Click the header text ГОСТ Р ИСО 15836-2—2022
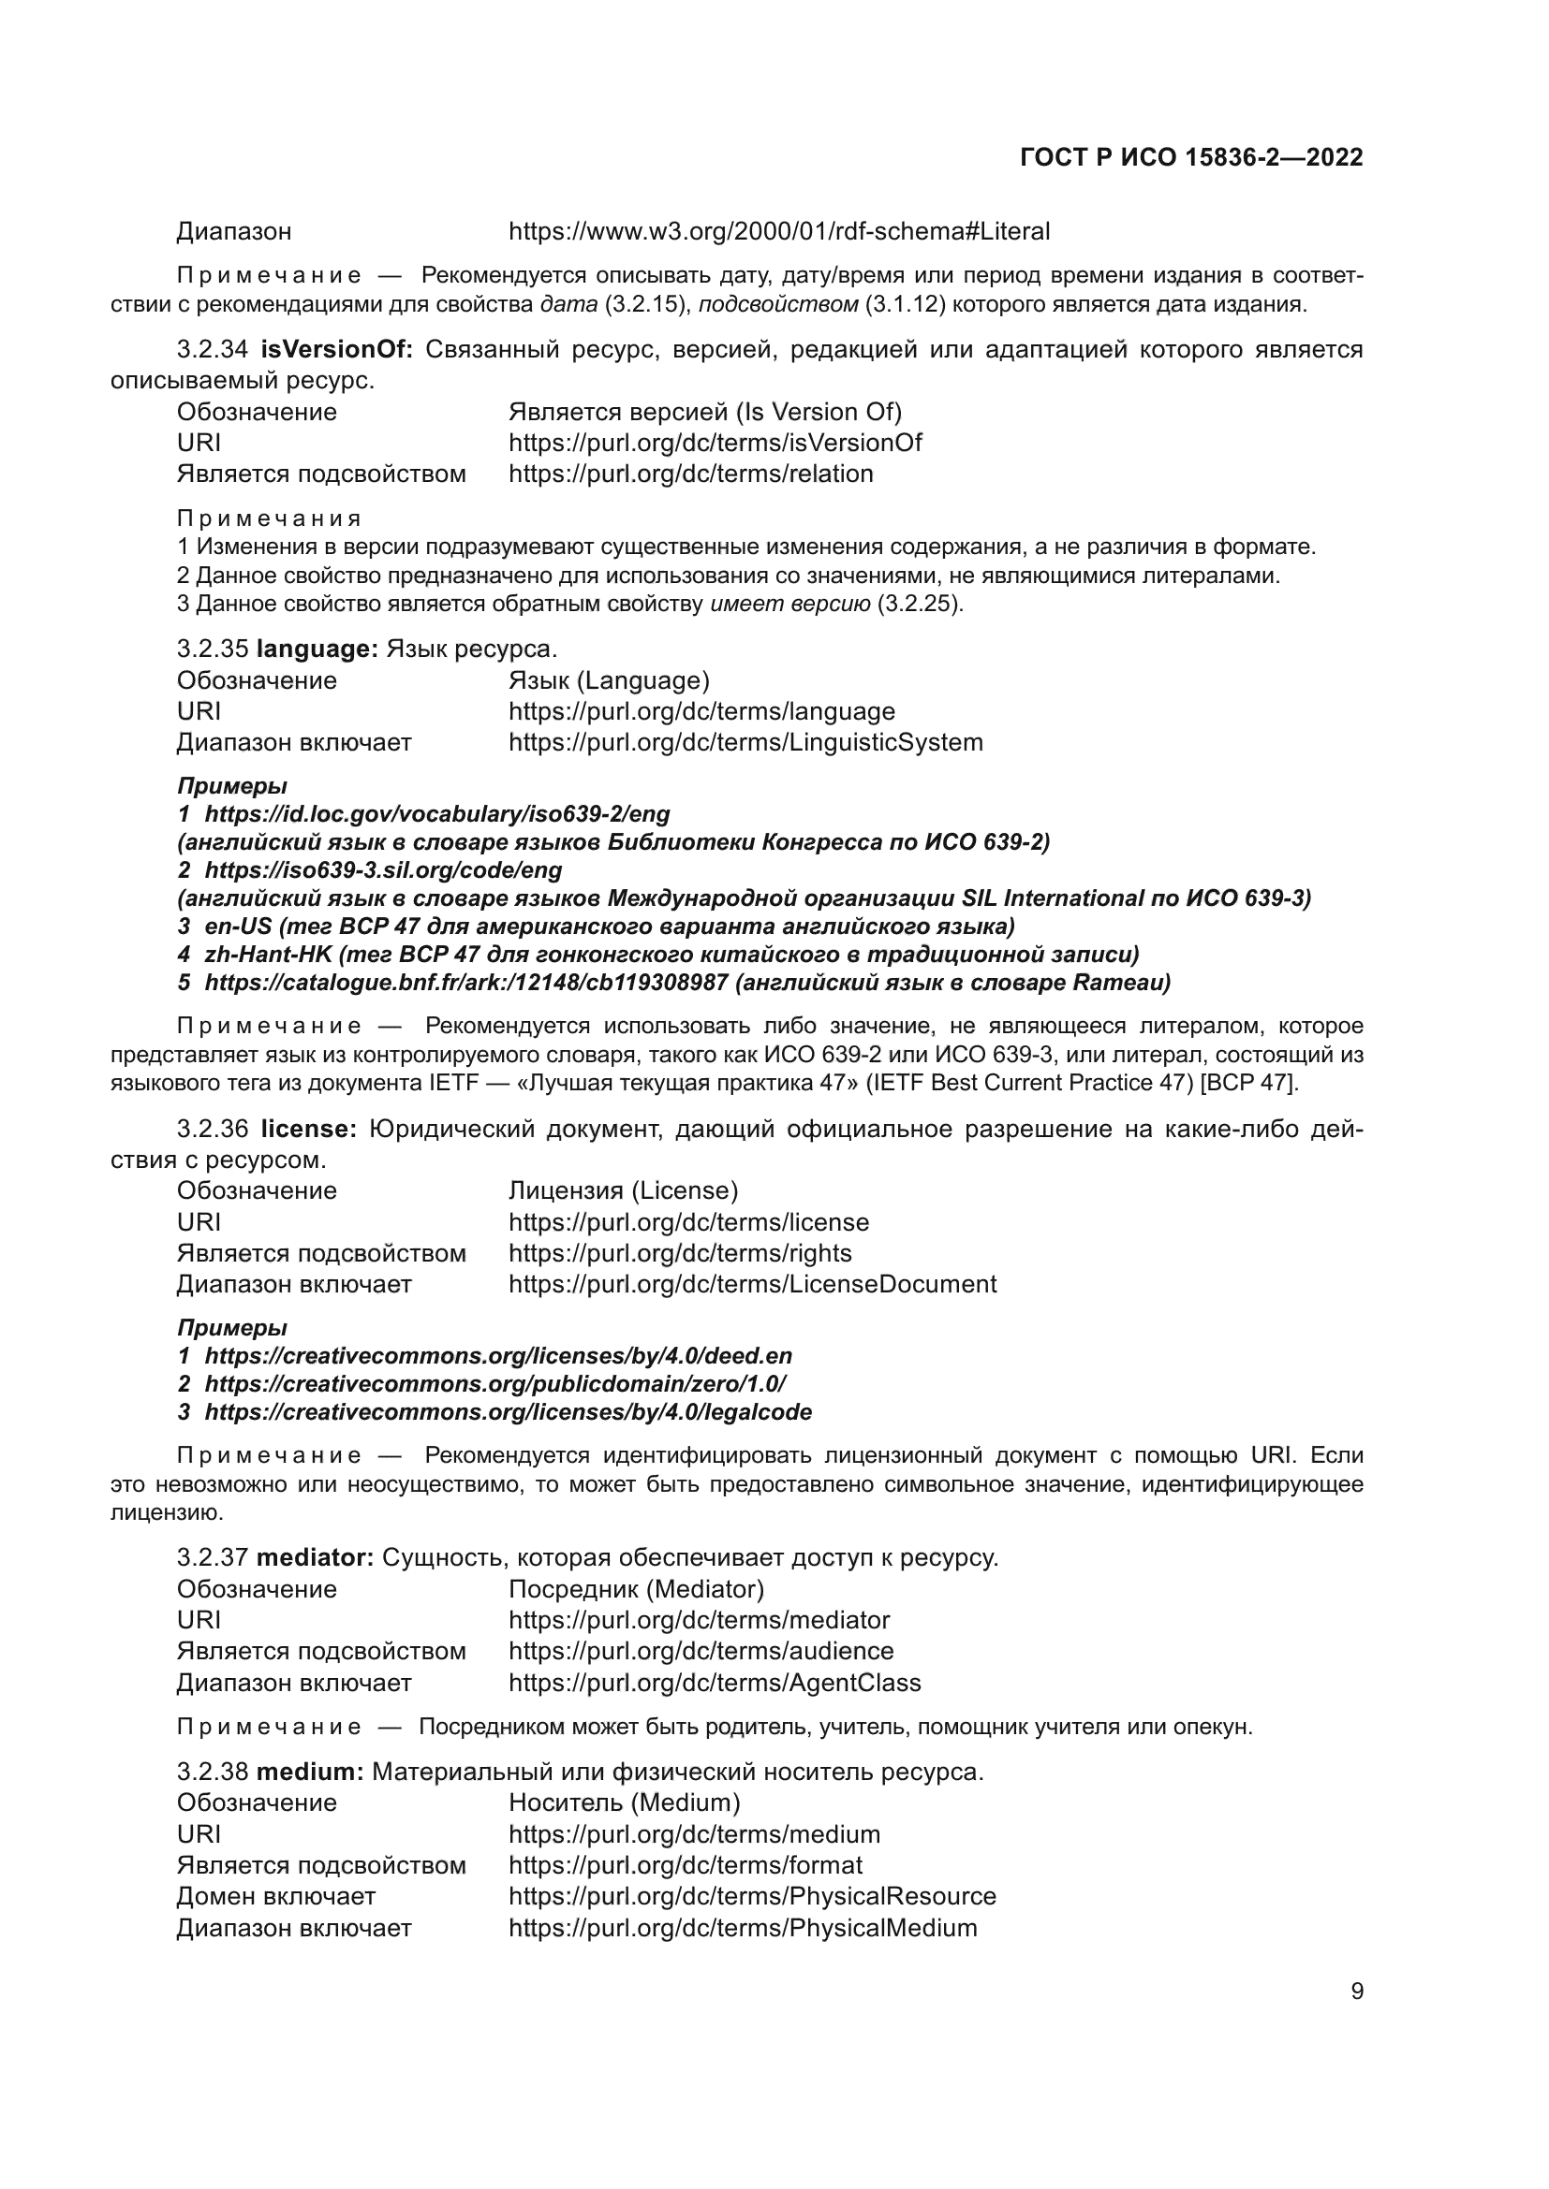[x=1191, y=157]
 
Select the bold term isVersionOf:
[x=337, y=350]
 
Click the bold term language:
[x=317, y=649]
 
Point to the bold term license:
[x=308, y=1129]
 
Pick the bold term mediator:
[x=315, y=1558]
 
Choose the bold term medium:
[x=310, y=1772]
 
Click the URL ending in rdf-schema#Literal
[x=778, y=232]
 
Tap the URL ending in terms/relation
[x=690, y=474]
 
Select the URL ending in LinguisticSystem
[x=745, y=742]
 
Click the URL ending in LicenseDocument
[x=752, y=1283]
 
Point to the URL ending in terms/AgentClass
[x=715, y=1682]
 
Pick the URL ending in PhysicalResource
[x=752, y=1895]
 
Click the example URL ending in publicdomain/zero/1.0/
[x=495, y=1383]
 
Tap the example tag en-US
[x=239, y=926]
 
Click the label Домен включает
[x=275, y=1895]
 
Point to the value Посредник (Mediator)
[x=636, y=1589]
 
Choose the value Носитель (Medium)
[x=624, y=1802]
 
